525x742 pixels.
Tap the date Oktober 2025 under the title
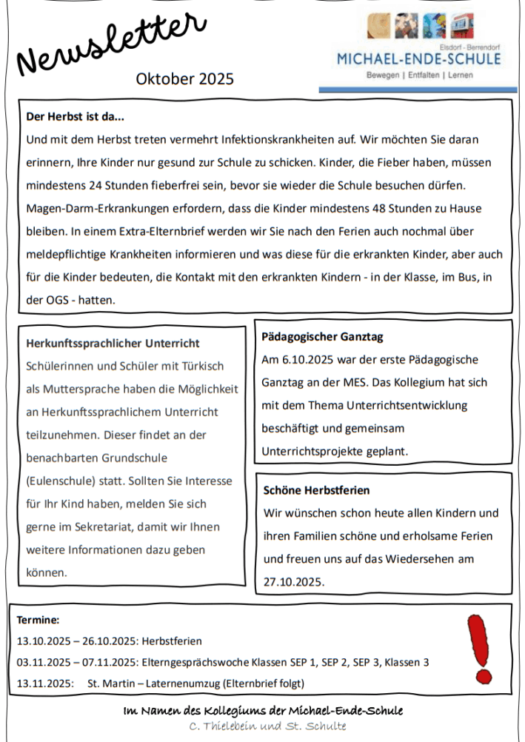click(184, 78)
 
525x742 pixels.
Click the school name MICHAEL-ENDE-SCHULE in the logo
click(418, 59)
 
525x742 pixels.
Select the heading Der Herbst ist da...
click(75, 116)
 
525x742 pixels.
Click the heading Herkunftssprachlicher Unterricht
click(113, 344)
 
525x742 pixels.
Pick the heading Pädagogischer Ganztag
click(322, 337)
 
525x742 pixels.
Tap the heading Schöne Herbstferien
click(316, 490)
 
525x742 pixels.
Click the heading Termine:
click(38, 620)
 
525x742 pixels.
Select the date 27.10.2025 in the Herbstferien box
click(294, 582)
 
